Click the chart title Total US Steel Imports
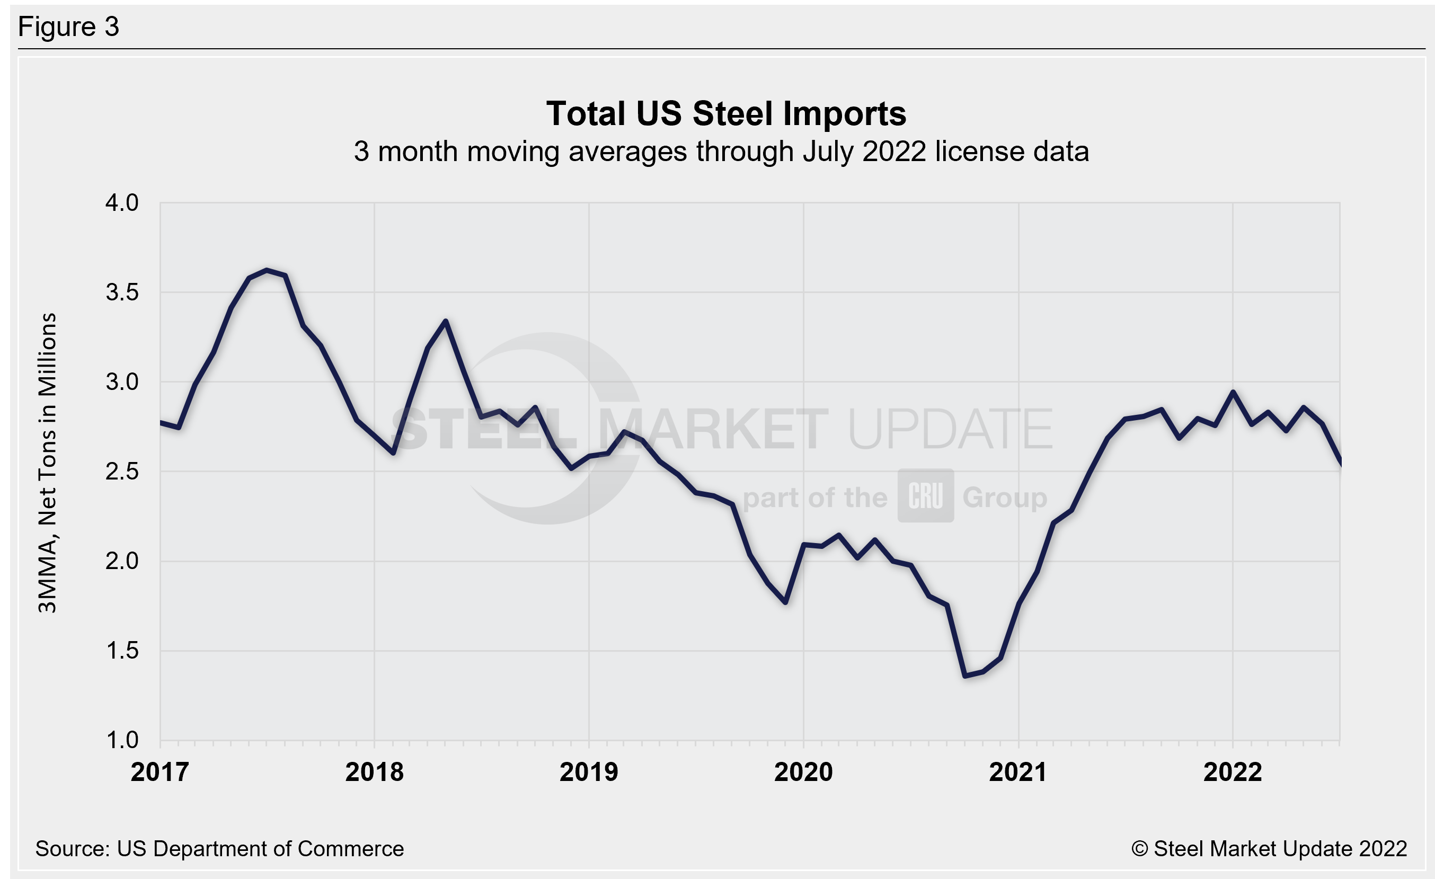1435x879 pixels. [x=725, y=113]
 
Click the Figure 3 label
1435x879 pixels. [x=69, y=27]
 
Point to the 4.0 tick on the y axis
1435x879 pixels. [x=122, y=202]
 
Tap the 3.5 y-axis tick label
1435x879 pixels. [x=122, y=292]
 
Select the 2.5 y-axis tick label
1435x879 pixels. [x=122, y=472]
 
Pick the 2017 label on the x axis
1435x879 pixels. [x=160, y=773]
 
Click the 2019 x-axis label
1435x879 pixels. [x=589, y=773]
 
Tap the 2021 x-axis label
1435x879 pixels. [x=1018, y=773]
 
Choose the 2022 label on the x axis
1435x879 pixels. [x=1233, y=773]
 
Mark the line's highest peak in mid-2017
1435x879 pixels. [x=267, y=270]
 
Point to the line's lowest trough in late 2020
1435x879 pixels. [x=965, y=676]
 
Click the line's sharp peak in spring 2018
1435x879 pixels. [x=446, y=321]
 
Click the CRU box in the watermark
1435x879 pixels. [x=925, y=495]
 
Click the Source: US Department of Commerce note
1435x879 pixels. [x=219, y=849]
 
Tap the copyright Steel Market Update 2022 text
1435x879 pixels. [x=1269, y=849]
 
